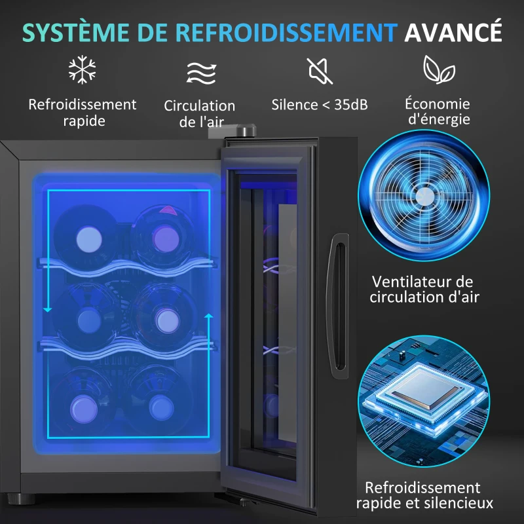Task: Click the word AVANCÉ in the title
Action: (453, 31)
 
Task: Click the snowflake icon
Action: (83, 69)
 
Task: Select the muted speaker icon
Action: (320, 70)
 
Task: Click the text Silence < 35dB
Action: (320, 104)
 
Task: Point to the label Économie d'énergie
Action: (437, 111)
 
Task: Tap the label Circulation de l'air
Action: (199, 113)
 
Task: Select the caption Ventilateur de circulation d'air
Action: (424, 289)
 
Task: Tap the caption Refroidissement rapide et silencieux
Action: (424, 496)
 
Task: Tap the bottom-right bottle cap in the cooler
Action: (161, 405)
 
